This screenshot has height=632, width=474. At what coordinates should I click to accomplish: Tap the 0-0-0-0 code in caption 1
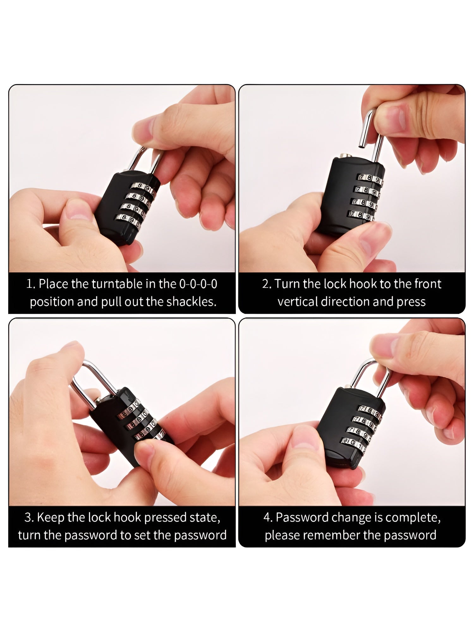pyautogui.click(x=198, y=284)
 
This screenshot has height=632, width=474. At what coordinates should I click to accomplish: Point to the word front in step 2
pyautogui.click(x=428, y=284)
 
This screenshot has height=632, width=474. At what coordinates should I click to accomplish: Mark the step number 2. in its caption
pyautogui.click(x=267, y=284)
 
